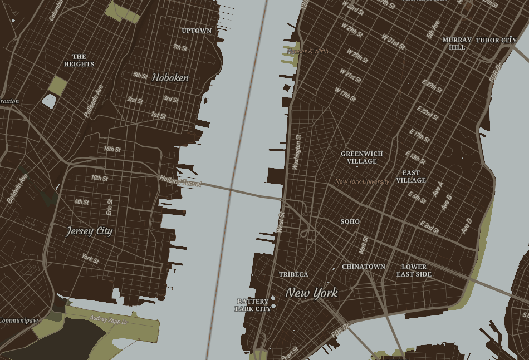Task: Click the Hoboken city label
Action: click(x=170, y=78)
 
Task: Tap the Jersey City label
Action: click(x=89, y=231)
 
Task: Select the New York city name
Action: click(x=312, y=293)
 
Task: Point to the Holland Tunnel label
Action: click(x=180, y=181)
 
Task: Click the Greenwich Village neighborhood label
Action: click(x=362, y=157)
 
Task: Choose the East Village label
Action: click(x=411, y=176)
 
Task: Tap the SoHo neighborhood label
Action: click(x=350, y=221)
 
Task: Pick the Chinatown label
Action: click(x=364, y=267)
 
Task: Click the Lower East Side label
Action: click(x=414, y=270)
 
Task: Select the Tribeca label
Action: click(x=293, y=274)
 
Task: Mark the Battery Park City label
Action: click(x=253, y=305)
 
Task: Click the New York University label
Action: click(x=363, y=181)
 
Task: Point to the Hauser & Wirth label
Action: click(x=308, y=51)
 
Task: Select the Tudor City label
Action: click(x=496, y=40)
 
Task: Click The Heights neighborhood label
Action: click(x=79, y=60)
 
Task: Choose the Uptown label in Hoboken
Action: click(x=197, y=31)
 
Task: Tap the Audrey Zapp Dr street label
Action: click(x=109, y=320)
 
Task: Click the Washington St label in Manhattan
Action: click(x=298, y=151)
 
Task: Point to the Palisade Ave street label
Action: click(x=94, y=101)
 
